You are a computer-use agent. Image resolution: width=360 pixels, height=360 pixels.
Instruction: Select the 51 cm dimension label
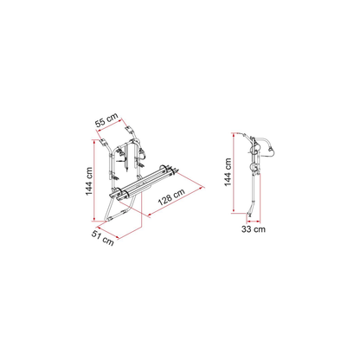click(103, 238)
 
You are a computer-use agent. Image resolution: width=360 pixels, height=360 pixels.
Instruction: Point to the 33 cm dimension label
click(254, 229)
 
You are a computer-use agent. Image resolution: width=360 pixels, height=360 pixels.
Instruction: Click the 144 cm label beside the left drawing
click(89, 181)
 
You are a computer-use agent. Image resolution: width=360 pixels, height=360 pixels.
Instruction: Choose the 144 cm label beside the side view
click(228, 172)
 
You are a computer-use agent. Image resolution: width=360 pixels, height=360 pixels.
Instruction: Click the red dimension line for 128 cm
click(176, 202)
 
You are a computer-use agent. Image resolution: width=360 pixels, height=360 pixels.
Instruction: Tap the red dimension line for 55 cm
click(110, 125)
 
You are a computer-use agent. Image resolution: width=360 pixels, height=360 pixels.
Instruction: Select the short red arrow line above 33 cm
click(254, 222)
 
